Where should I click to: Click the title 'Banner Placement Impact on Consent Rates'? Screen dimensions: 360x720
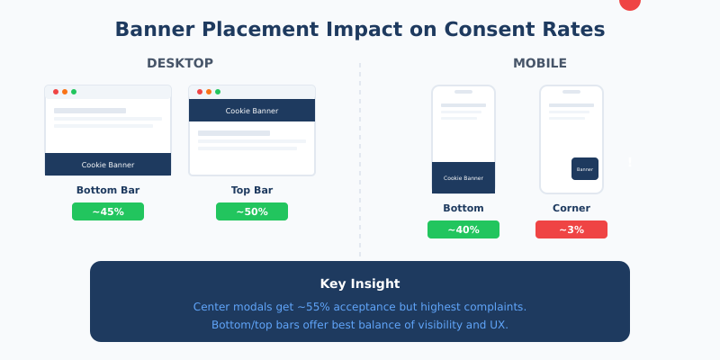[360, 30]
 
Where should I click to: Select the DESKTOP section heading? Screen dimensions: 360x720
[180, 63]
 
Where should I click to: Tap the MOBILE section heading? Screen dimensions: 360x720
[540, 63]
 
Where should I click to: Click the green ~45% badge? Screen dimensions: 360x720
[108, 211]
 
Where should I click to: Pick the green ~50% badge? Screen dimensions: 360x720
[252, 211]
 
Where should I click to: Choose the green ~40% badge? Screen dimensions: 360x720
[463, 229]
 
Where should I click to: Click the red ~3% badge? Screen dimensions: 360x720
[571, 229]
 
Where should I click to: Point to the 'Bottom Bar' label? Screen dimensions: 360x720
[108, 190]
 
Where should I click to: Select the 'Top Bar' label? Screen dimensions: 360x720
[252, 190]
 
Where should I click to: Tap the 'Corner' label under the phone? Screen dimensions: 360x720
[571, 208]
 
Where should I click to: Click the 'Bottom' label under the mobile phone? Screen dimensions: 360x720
[463, 208]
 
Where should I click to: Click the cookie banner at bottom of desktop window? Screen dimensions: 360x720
[108, 165]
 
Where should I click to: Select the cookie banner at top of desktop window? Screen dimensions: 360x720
[252, 111]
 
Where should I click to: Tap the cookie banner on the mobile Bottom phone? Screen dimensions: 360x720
[463, 177]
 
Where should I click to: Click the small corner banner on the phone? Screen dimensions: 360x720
[585, 168]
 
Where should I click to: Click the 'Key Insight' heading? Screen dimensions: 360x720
[360, 283]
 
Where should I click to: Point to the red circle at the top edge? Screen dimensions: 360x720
[630, 3]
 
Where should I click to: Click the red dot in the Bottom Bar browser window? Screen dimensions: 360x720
[56, 92]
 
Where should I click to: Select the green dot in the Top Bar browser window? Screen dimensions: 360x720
[218, 92]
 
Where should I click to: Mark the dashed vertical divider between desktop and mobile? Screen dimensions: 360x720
[360, 162]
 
